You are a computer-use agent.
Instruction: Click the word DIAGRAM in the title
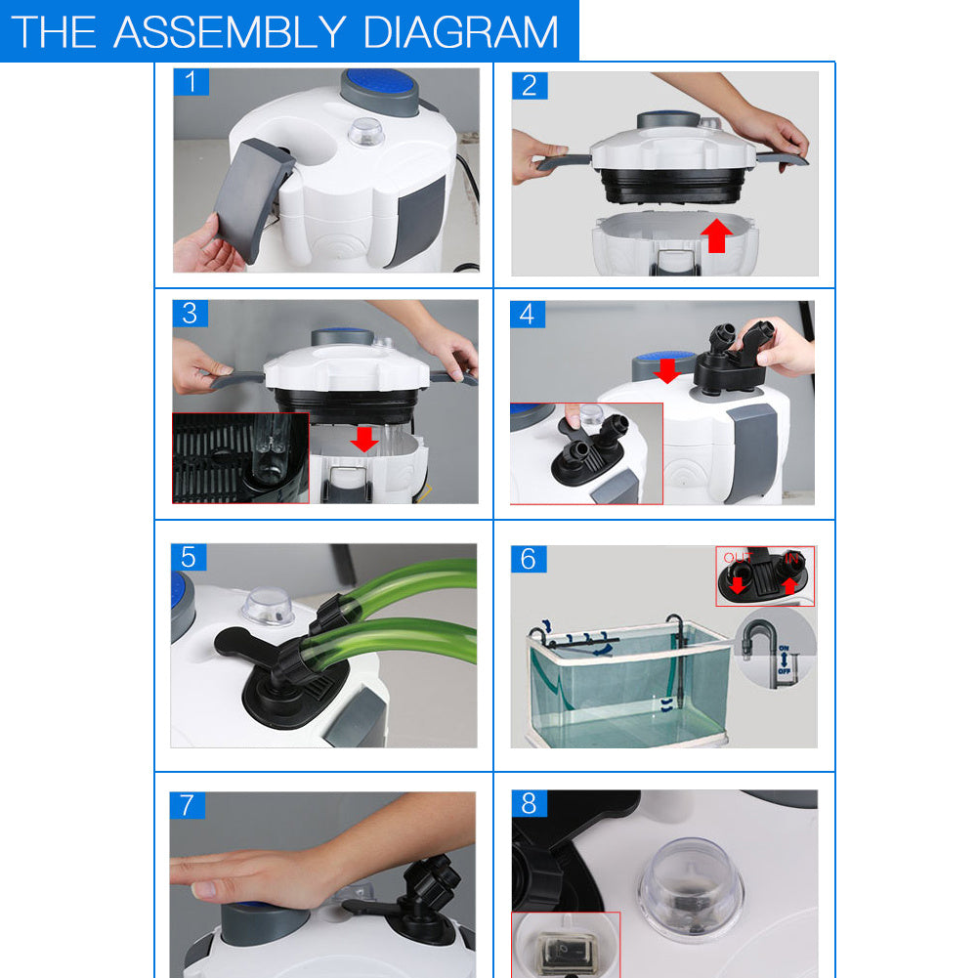[460, 31]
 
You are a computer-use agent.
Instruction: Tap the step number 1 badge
[191, 82]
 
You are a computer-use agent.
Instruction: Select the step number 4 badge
[529, 315]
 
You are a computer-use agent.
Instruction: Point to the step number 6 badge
[529, 559]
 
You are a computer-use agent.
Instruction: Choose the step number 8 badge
[529, 803]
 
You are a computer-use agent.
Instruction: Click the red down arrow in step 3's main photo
[364, 438]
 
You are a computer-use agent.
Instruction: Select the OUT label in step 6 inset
[737, 558]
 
